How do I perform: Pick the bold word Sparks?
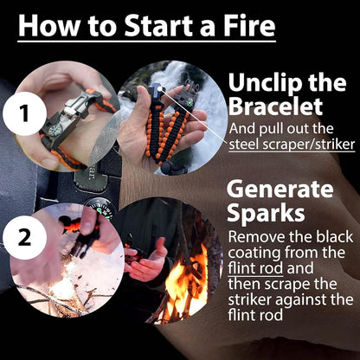tap(264, 213)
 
